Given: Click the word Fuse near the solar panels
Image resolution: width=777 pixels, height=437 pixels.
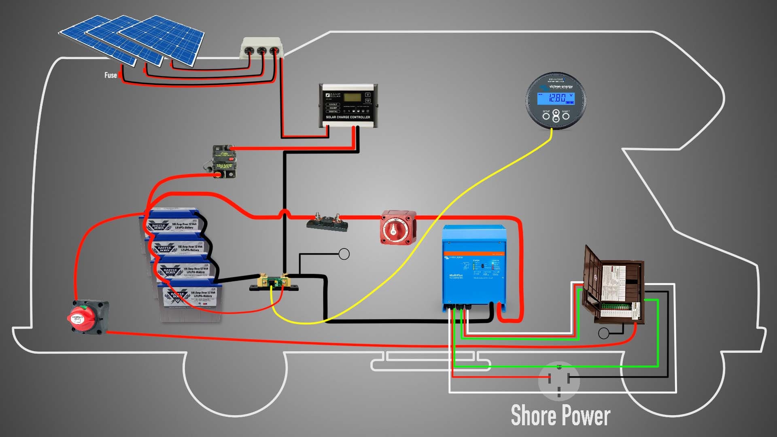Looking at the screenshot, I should (x=110, y=75).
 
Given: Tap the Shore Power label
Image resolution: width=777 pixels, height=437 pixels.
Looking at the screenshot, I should (x=560, y=416).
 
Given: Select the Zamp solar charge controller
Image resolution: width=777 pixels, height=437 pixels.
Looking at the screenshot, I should (x=348, y=104).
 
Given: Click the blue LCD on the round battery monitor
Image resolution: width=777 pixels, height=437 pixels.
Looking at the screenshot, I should (x=556, y=98).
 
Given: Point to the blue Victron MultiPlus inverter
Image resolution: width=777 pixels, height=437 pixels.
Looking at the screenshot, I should (x=474, y=267).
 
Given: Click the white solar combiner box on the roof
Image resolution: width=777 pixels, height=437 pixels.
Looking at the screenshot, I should (x=261, y=49).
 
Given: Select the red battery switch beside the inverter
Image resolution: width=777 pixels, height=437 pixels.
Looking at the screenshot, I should (x=398, y=227).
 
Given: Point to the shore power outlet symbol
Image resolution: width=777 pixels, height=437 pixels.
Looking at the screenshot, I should (x=559, y=381).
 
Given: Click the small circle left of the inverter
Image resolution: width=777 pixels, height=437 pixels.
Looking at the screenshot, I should (x=344, y=254).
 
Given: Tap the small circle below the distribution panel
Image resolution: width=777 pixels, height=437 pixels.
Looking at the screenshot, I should (x=603, y=333).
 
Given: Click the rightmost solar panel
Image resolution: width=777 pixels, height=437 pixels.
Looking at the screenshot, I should (x=162, y=38).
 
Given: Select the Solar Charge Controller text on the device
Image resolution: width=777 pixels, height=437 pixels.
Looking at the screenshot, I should (x=348, y=117).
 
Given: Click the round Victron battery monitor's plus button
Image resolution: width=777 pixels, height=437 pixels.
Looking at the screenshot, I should (x=556, y=112).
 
